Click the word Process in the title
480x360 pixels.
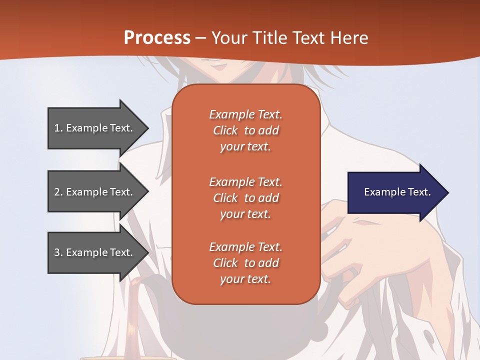(156, 37)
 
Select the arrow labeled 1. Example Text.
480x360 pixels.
(95, 128)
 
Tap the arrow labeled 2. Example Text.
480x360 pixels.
(95, 192)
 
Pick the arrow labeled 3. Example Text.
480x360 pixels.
(95, 252)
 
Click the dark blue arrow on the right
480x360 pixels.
(395, 192)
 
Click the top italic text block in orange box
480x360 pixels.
(245, 130)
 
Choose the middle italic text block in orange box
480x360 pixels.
(245, 198)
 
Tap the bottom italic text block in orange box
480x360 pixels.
(245, 263)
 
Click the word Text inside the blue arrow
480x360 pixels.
(419, 192)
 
